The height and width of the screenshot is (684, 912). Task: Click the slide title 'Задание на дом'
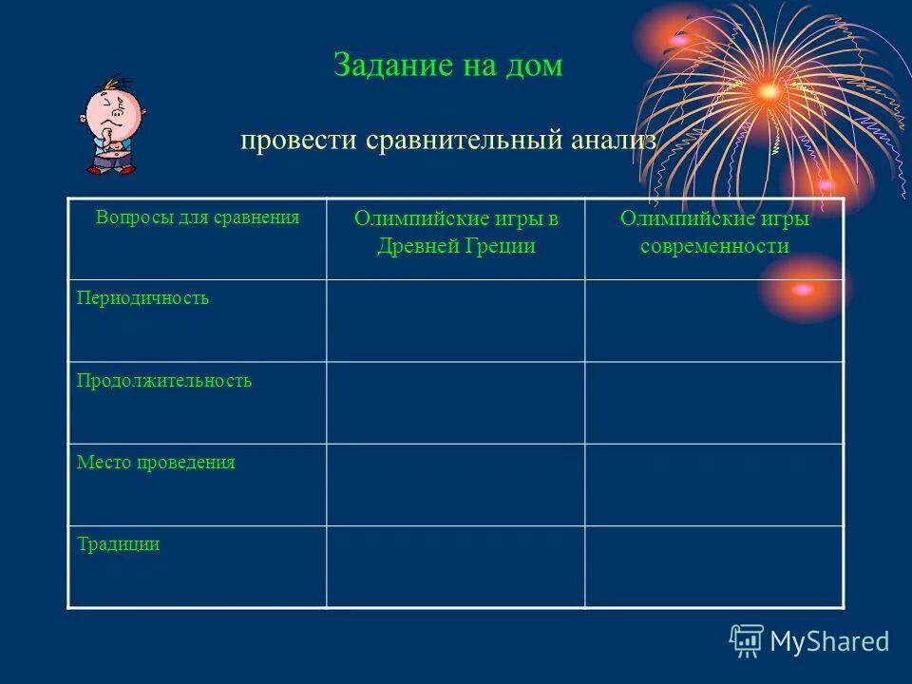pyautogui.click(x=447, y=65)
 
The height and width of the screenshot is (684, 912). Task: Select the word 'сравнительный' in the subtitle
pyautogui.click(x=465, y=141)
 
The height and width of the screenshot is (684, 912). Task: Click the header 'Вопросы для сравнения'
pyautogui.click(x=198, y=217)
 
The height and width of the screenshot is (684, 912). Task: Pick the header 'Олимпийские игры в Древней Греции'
pyautogui.click(x=456, y=232)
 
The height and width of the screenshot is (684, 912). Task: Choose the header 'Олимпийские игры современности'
pyautogui.click(x=714, y=232)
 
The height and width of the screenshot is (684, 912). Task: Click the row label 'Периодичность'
pyautogui.click(x=142, y=298)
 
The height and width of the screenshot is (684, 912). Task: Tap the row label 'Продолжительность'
pyautogui.click(x=163, y=381)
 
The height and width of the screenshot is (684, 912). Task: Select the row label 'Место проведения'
pyautogui.click(x=155, y=463)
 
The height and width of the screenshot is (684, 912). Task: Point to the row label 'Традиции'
pyautogui.click(x=118, y=544)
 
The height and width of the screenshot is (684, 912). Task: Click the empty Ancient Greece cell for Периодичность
pyautogui.click(x=456, y=320)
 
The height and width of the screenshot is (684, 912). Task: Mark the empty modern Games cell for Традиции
pyautogui.click(x=714, y=566)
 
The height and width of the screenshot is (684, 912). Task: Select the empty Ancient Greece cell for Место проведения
pyautogui.click(x=456, y=484)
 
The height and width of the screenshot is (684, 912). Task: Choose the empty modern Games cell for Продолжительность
pyautogui.click(x=714, y=402)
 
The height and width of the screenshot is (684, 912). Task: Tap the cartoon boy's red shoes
pyautogui.click(x=111, y=168)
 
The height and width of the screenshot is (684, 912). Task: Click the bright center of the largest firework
pyautogui.click(x=769, y=92)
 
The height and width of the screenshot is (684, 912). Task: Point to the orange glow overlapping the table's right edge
pyautogui.click(x=804, y=289)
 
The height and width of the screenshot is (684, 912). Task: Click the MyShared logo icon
pyautogui.click(x=746, y=640)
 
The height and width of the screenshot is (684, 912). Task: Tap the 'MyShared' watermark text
pyautogui.click(x=828, y=641)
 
